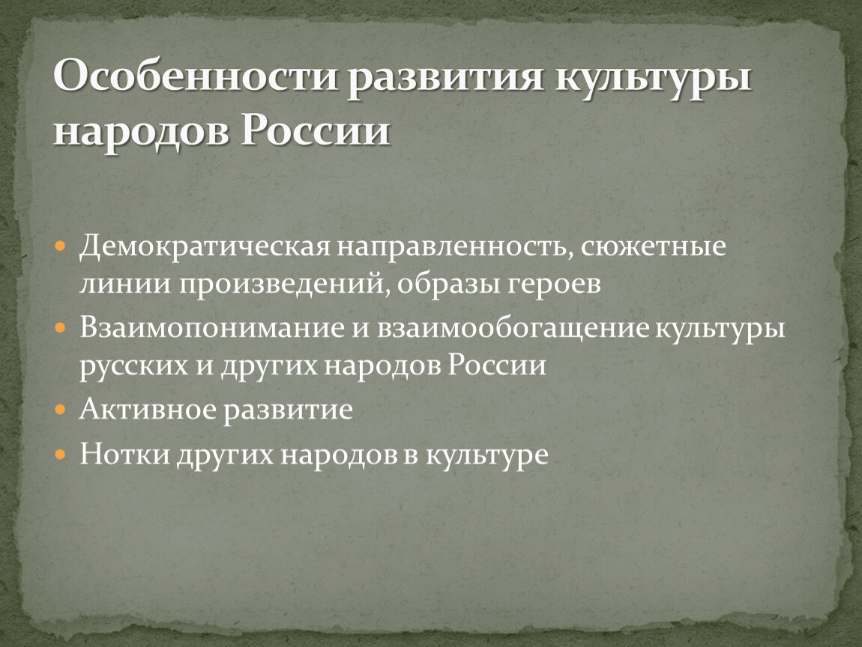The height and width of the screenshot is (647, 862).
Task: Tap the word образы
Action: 447,284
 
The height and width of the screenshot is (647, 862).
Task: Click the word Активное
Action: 148,410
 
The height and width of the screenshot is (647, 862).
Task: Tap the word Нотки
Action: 124,455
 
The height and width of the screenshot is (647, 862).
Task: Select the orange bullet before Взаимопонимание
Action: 61,329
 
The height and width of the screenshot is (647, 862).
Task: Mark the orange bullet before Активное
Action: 61,410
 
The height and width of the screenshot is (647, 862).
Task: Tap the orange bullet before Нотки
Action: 61,455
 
